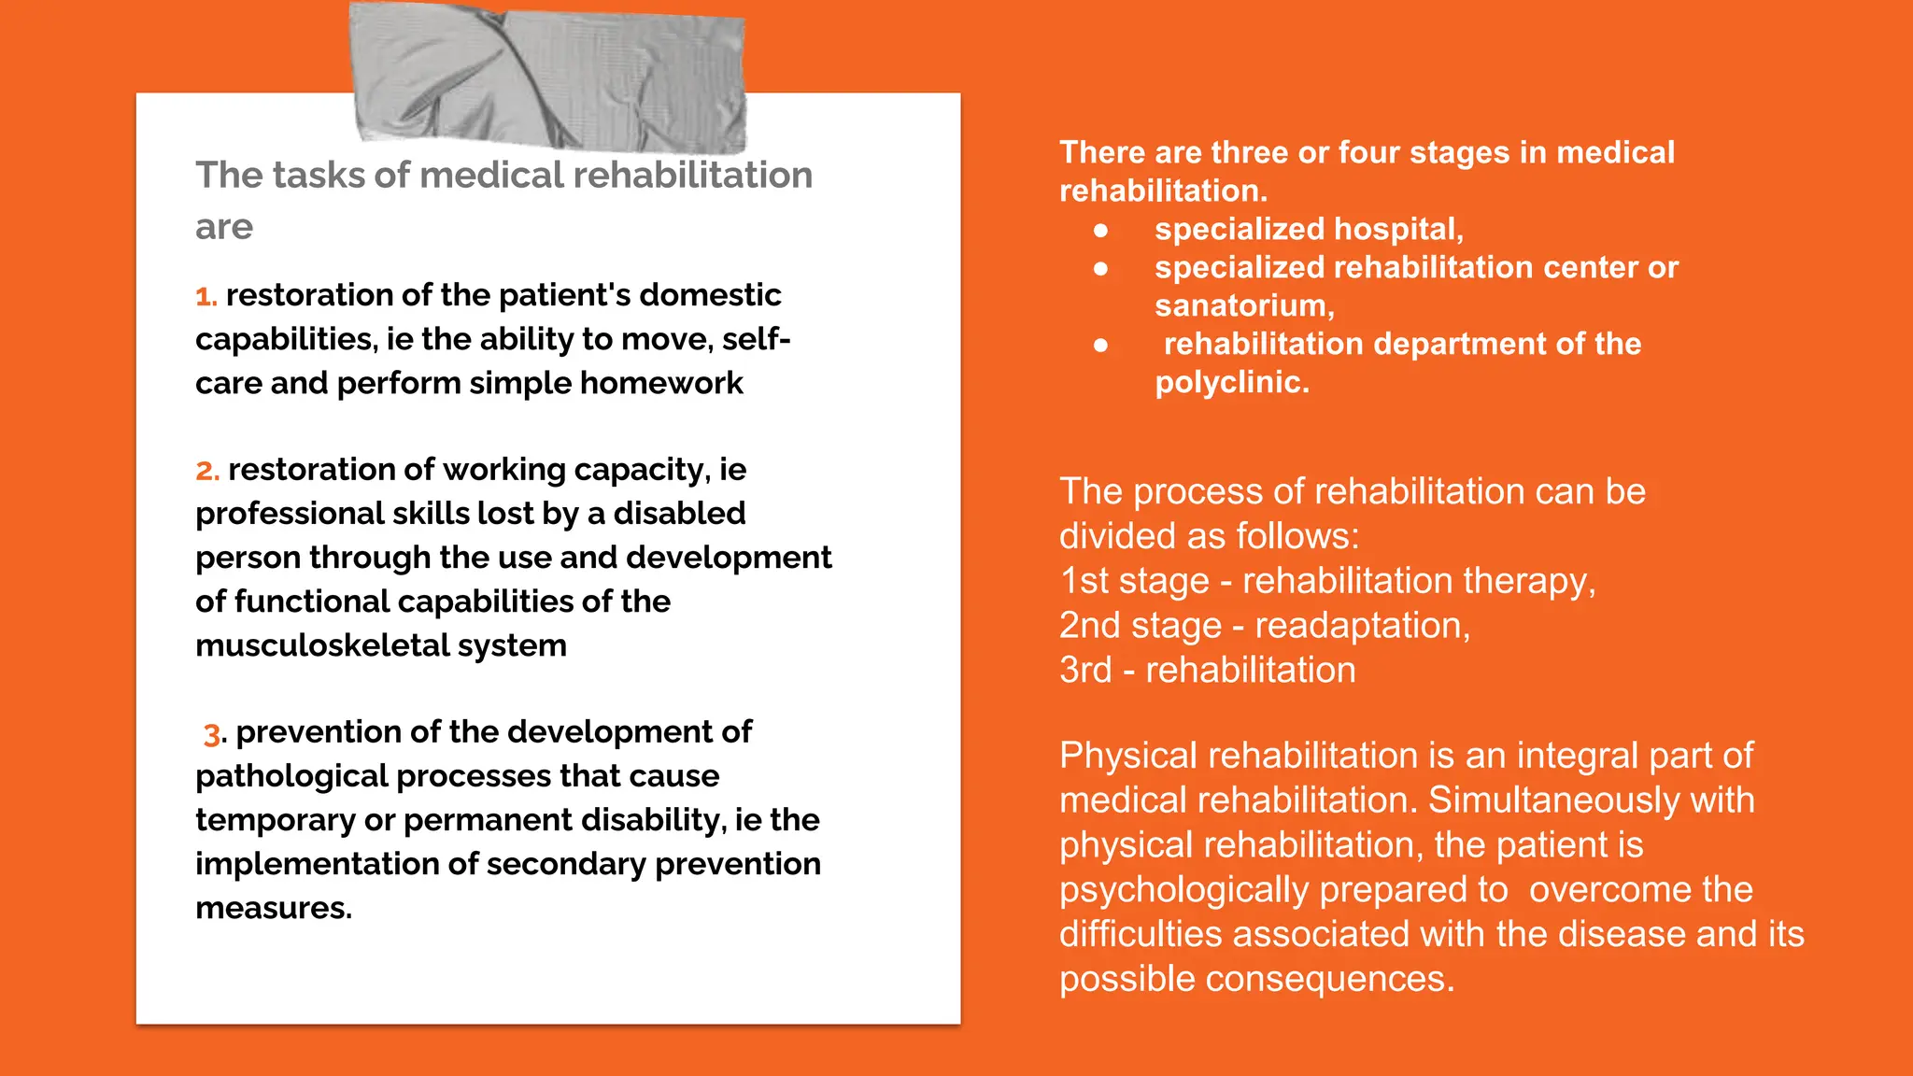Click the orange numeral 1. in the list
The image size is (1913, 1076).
[x=205, y=297]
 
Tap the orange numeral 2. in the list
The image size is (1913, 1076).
[x=207, y=471]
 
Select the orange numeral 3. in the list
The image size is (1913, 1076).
[x=213, y=734]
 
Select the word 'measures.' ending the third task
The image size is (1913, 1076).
[x=274, y=909]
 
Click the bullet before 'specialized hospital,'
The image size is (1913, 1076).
[x=1101, y=230]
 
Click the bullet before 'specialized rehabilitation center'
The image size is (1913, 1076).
[x=1101, y=268]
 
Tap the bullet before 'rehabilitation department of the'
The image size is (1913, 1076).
[x=1101, y=345]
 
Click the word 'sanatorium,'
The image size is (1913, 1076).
[x=1244, y=306]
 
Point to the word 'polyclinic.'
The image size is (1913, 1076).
[x=1232, y=383]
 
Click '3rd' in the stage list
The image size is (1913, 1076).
[x=1085, y=671]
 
